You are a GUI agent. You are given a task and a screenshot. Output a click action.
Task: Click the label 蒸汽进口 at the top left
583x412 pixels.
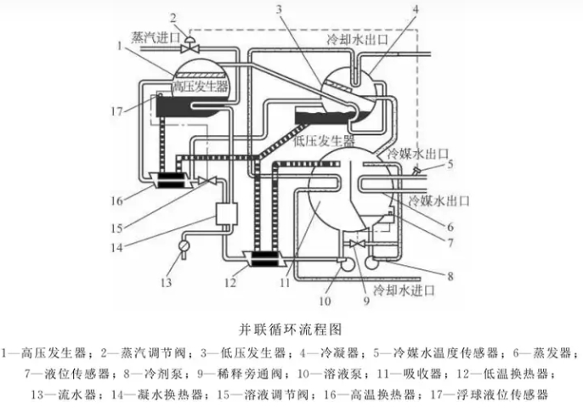[158, 37]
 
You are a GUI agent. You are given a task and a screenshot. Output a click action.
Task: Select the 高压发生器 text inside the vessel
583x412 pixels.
[201, 87]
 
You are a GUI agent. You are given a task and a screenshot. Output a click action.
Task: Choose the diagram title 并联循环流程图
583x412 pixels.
[291, 326]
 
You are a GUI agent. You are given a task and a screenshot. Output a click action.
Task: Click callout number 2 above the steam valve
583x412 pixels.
[173, 17]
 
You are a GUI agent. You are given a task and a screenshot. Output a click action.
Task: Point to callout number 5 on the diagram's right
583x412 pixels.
[450, 164]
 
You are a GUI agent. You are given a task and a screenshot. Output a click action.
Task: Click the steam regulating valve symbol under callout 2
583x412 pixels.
[191, 40]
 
